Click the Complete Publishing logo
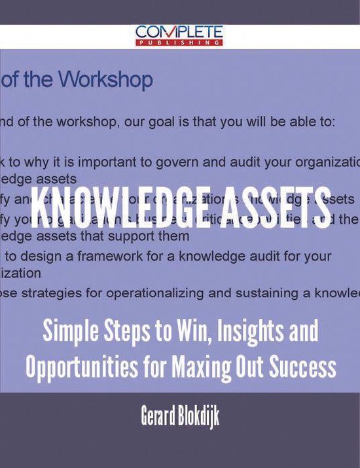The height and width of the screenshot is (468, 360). coord(179,35)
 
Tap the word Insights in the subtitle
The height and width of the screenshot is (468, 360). coord(238,332)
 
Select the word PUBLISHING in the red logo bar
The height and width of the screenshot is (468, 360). coord(180,43)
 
